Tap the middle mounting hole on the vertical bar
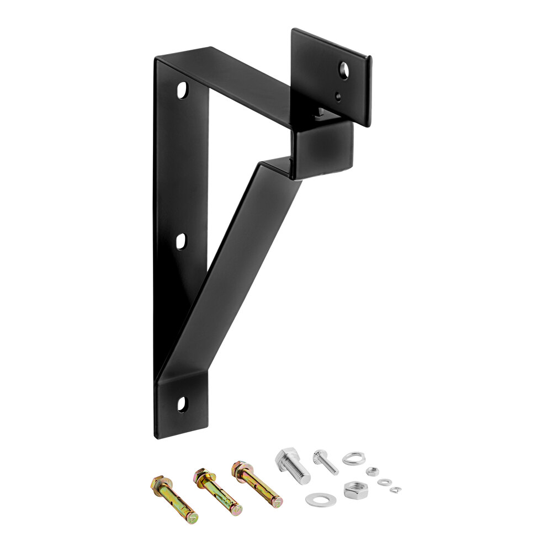pyautogui.click(x=181, y=241)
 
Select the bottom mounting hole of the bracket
pyautogui.click(x=182, y=404)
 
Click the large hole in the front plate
pyautogui.click(x=344, y=70)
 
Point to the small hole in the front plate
pyautogui.click(x=338, y=97)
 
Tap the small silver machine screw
pyautogui.click(x=326, y=462)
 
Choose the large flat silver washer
pyautogui.click(x=321, y=500)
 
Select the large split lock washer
pyautogui.click(x=353, y=458)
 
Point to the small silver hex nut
pyautogui.click(x=373, y=471)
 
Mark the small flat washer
pyautogui.click(x=385, y=482)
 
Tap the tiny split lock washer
pyautogui.click(x=395, y=489)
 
